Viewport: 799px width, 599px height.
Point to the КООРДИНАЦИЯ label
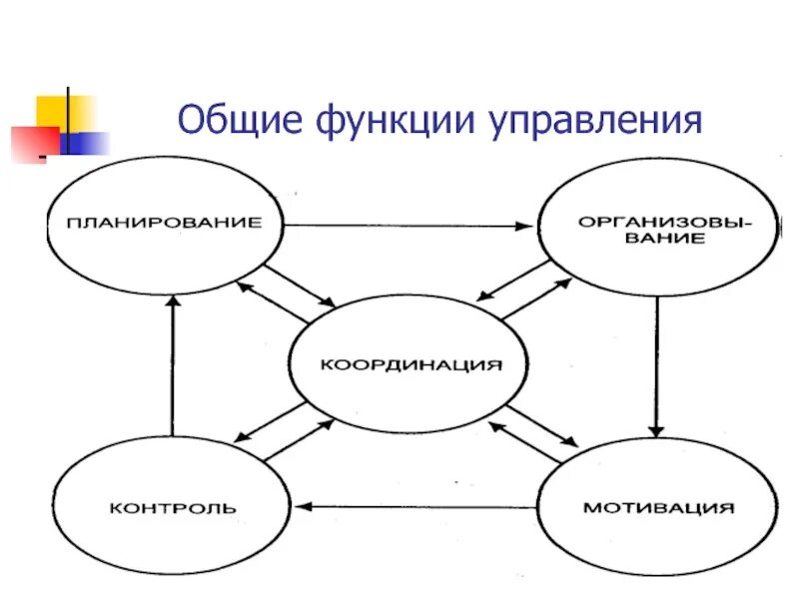[x=410, y=365]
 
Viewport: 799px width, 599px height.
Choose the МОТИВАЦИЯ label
[x=658, y=507]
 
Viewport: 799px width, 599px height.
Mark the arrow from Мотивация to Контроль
[x=419, y=506]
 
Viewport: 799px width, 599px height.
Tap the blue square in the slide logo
[x=88, y=143]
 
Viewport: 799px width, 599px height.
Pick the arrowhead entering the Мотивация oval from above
[x=656, y=431]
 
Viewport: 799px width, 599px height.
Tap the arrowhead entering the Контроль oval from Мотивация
[x=308, y=506]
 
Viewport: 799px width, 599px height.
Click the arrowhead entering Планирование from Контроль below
[x=172, y=300]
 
